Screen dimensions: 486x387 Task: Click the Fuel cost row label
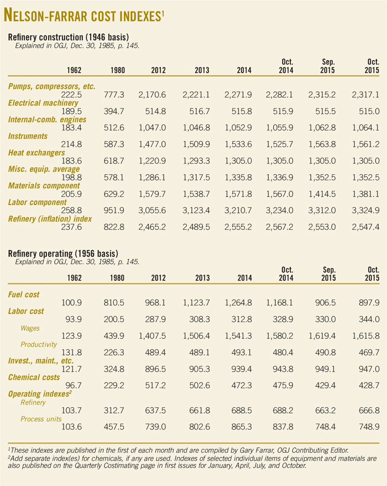tap(24, 294)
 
